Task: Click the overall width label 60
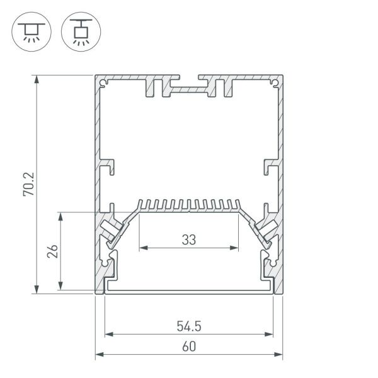pos(188,346)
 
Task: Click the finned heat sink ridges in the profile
pos(188,205)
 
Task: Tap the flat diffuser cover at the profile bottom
pos(188,292)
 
